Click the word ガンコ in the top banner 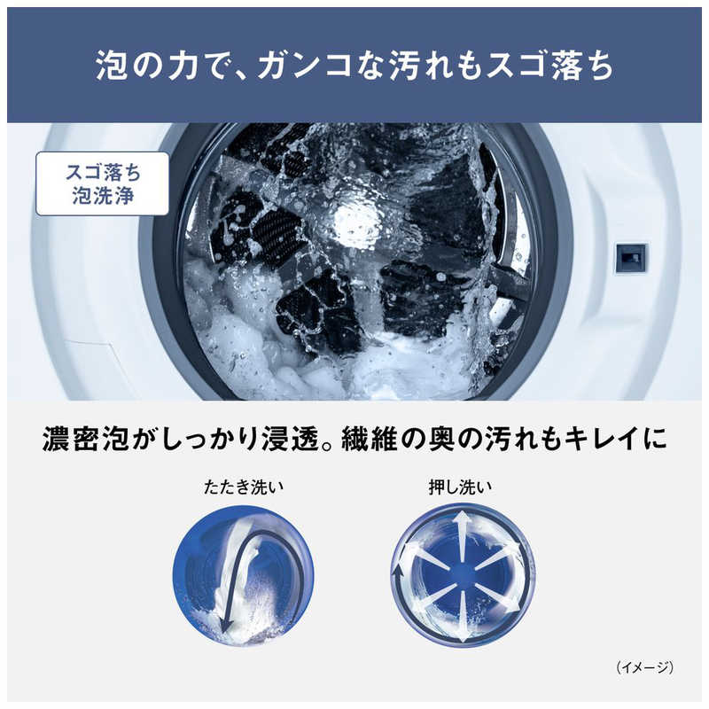pos(305,66)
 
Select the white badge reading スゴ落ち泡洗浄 pos(103,183)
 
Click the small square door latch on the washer pos(631,258)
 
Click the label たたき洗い pos(243,487)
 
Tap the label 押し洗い pos(460,487)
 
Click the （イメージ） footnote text pos(645,667)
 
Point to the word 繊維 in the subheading pos(369,438)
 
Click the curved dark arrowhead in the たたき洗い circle pos(226,626)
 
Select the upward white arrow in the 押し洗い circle pos(461,536)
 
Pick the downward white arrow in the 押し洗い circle pos(462,617)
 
